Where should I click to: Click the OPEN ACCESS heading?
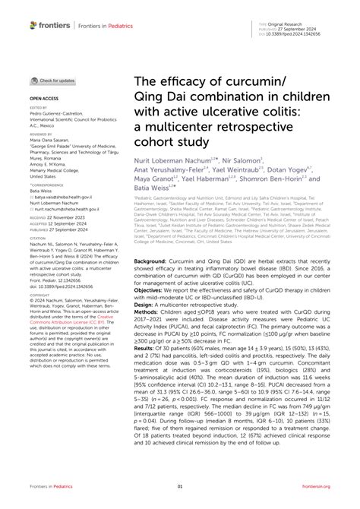[46, 99]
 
